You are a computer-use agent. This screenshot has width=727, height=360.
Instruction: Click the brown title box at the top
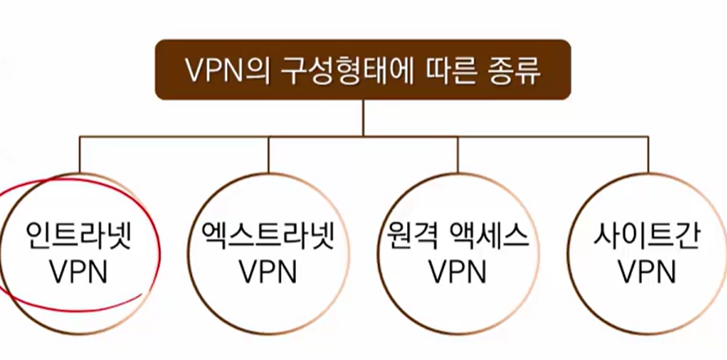363,69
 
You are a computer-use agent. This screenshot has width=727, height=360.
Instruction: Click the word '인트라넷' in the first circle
78,237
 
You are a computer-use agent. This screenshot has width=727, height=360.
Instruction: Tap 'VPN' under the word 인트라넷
78,270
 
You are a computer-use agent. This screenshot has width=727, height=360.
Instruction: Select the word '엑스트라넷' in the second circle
268,237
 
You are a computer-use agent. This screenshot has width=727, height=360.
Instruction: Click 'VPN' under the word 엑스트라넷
268,270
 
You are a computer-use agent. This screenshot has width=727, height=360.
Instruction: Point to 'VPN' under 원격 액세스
457,270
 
